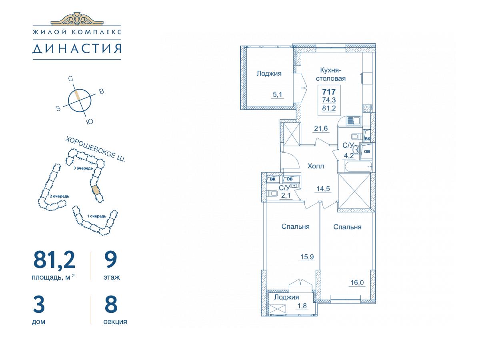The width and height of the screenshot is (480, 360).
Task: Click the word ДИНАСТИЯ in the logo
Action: coord(77,48)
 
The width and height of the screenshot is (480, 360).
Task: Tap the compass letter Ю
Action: coord(89,122)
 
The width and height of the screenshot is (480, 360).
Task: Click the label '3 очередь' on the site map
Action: coord(83,168)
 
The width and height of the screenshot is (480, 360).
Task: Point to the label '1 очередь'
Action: coord(97,216)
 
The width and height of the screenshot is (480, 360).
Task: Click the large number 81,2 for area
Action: coord(54,260)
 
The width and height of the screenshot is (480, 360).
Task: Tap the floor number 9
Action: coord(111,260)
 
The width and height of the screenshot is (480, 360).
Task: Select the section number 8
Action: coord(111,304)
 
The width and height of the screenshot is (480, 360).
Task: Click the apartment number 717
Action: coord(329,92)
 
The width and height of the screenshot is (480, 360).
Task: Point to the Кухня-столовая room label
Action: coord(331,74)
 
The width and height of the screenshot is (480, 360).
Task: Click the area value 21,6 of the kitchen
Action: coord(321,128)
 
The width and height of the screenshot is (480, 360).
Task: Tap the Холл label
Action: coord(316,166)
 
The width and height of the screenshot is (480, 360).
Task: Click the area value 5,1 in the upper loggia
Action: coord(277,95)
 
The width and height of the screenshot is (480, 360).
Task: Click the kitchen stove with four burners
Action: coord(367,108)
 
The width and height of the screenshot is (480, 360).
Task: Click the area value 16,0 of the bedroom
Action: coord(357,283)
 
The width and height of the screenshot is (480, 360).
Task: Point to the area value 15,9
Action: coord(307,257)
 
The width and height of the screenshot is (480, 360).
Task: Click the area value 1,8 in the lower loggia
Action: coord(302,306)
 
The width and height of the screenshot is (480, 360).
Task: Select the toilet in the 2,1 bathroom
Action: coord(272,194)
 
